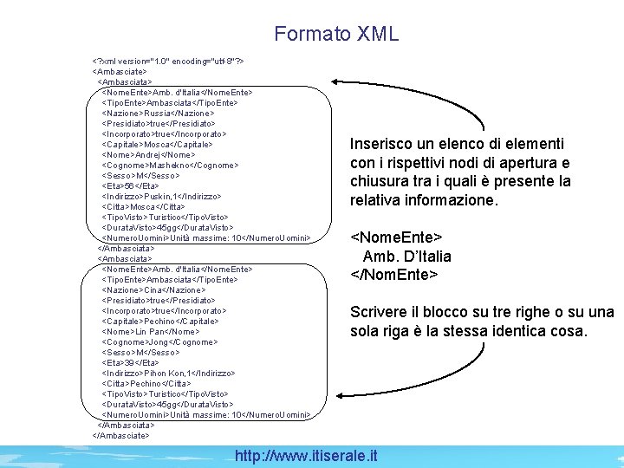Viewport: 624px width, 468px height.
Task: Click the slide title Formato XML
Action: click(336, 34)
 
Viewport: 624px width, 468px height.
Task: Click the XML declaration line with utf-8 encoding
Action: click(172, 62)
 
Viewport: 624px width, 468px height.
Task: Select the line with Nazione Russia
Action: click(158, 113)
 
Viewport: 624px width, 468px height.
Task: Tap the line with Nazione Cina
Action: click(154, 289)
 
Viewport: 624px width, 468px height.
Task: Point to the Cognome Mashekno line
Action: click(172, 165)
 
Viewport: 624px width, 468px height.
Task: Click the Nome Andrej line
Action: click(148, 154)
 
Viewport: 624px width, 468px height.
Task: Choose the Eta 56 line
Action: click(131, 185)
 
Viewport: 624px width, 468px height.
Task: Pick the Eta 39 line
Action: click(131, 362)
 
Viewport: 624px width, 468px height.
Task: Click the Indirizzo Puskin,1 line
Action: click(162, 196)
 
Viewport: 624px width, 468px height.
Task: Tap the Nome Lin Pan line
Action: click(151, 331)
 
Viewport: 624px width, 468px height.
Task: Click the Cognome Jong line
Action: click(160, 341)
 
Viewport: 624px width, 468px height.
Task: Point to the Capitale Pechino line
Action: click(160, 321)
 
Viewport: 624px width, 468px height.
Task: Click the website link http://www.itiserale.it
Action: click(307, 455)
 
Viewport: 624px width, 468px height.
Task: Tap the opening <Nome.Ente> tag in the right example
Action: click(396, 237)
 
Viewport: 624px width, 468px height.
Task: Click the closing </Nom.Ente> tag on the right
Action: click(393, 275)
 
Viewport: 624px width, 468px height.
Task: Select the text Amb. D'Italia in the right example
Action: click(406, 256)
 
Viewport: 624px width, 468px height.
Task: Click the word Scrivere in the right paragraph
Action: click(379, 312)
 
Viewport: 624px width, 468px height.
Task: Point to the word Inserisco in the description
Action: click(382, 144)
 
